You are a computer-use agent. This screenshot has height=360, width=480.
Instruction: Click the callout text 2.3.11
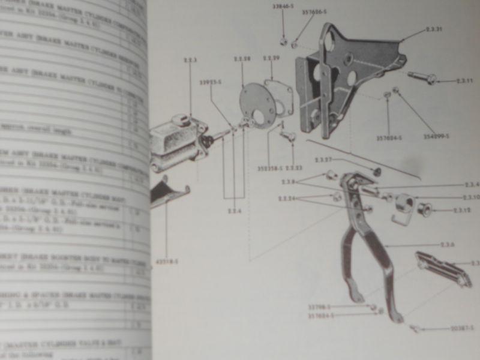pos(464,80)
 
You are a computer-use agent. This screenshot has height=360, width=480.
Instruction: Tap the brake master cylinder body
pos(174,141)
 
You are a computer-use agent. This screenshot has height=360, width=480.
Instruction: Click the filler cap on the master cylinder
pos(180,120)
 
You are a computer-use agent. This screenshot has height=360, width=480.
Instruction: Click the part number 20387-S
pos(461,328)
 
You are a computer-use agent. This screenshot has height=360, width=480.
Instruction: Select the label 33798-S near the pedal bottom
pos(320,307)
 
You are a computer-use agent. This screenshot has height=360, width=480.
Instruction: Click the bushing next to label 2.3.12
pos(425,210)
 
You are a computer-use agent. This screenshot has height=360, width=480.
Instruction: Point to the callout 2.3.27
pos(325,160)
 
